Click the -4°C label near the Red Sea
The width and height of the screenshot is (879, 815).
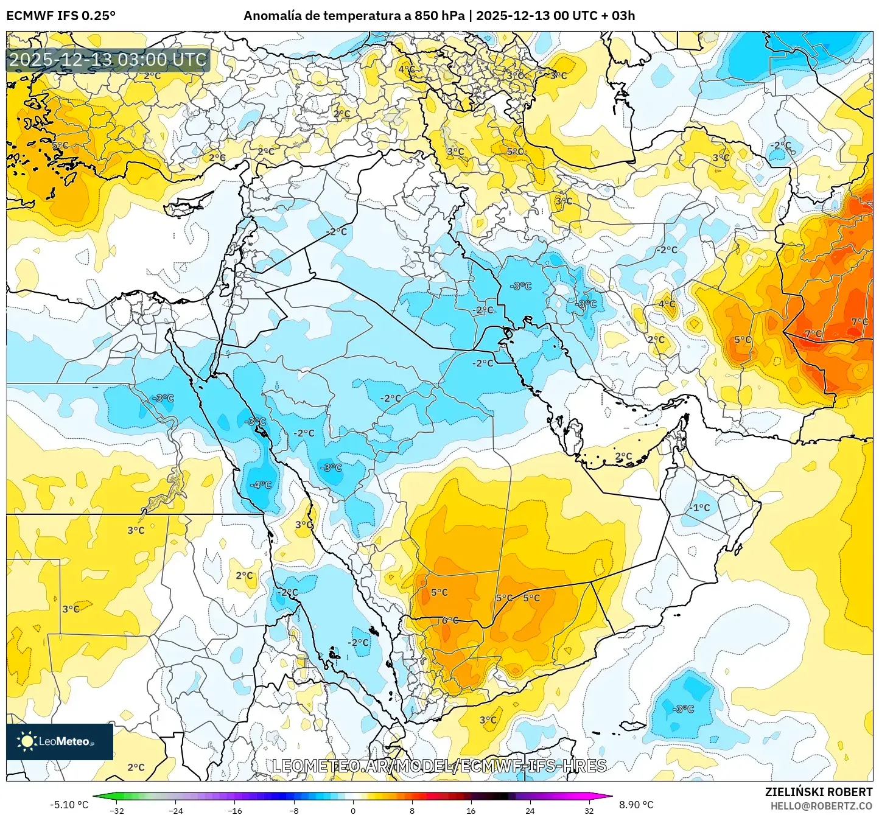[261, 485]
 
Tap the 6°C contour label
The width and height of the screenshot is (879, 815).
[450, 620]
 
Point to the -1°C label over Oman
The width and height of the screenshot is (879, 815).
[699, 508]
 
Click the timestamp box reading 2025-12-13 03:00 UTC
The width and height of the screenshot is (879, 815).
[108, 60]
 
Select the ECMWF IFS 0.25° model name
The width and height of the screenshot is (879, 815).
[61, 15]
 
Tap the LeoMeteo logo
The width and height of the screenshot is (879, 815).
[60, 741]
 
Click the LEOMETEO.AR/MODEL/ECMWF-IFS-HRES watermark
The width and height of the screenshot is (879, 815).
[439, 766]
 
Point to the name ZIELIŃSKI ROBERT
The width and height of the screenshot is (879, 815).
[819, 792]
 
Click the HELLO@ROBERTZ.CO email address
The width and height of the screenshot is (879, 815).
[821, 806]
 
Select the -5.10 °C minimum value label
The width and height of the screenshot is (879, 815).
[69, 805]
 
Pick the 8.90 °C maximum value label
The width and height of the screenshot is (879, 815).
[636, 805]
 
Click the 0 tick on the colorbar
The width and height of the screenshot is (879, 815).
[353, 810]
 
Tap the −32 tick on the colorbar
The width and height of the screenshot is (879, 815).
[117, 810]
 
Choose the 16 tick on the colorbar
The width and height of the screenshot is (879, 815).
[471, 810]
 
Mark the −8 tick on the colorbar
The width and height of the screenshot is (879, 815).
[294, 810]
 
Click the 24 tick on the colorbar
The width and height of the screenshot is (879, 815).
[530, 810]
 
